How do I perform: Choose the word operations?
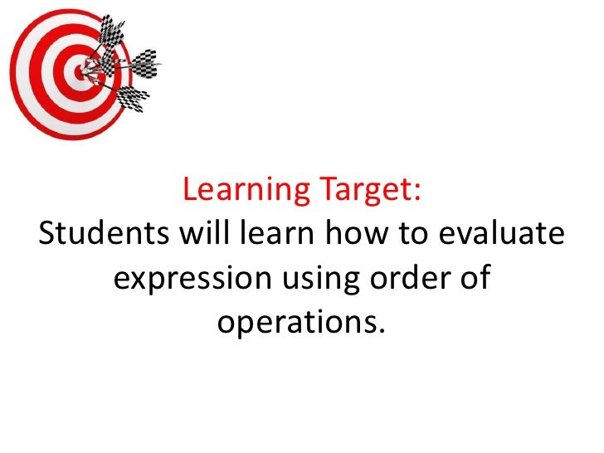tap(299, 321)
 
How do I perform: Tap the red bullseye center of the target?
tap(80, 74)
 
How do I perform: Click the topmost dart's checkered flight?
tap(110, 32)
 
